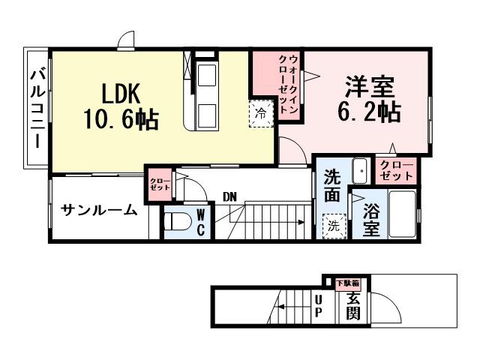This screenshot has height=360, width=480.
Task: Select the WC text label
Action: (201, 223)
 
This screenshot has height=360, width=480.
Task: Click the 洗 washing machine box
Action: (331, 224)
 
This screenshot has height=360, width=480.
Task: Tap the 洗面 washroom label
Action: (331, 186)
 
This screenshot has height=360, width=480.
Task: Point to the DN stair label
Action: (230, 197)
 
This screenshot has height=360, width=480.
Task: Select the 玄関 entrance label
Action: (352, 307)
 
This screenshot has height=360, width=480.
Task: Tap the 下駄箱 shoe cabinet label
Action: (347, 283)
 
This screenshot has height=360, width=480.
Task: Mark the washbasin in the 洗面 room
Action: (359, 171)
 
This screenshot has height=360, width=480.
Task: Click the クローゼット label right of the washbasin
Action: (396, 170)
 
